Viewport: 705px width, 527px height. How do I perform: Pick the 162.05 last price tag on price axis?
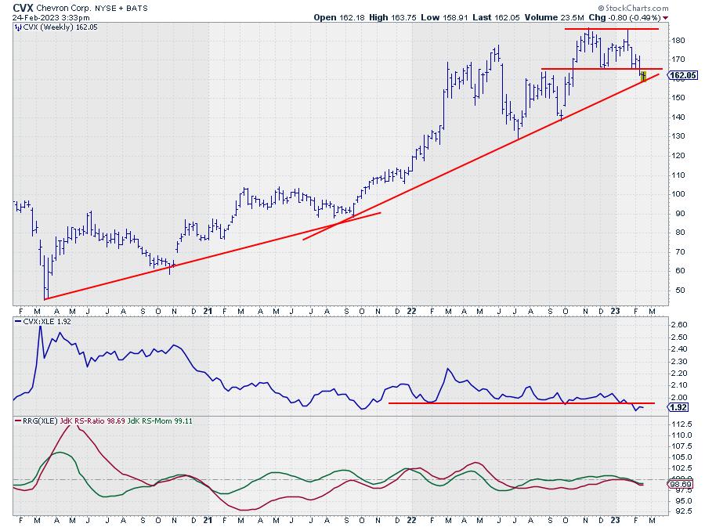coord(684,75)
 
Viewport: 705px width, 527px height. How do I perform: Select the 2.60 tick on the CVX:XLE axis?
coord(679,324)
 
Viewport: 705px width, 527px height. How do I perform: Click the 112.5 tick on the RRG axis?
coord(681,424)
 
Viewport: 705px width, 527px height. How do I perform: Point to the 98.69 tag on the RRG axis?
coord(683,485)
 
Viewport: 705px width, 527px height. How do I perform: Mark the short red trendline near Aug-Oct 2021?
coord(342,226)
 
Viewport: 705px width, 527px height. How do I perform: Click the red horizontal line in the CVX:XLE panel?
coord(509,402)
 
